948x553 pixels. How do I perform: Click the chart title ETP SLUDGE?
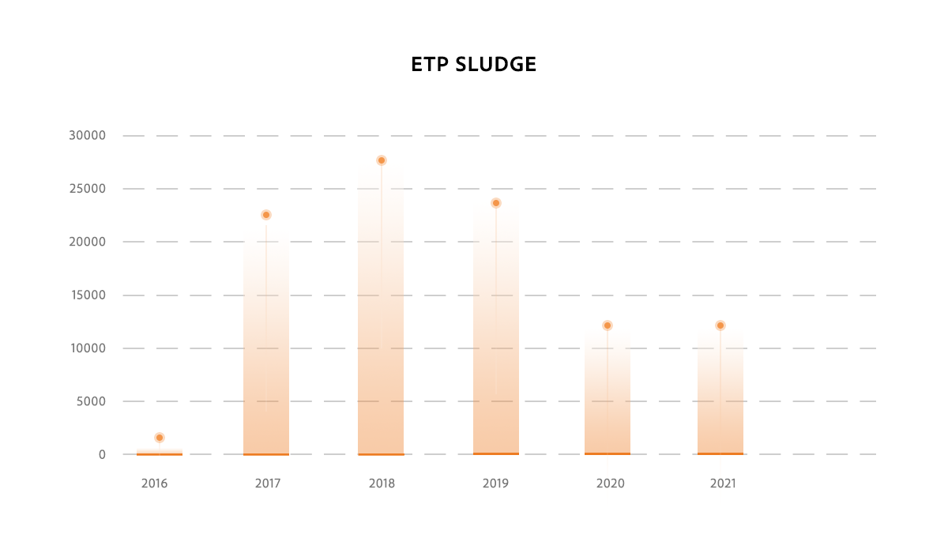tap(473, 65)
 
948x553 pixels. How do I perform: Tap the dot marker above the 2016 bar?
tap(160, 438)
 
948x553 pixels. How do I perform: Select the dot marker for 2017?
tap(266, 215)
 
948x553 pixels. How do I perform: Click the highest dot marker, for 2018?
tap(382, 160)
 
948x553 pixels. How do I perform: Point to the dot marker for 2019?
tap(496, 203)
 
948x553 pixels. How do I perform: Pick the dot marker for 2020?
tap(608, 325)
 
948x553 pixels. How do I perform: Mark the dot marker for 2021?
tap(720, 325)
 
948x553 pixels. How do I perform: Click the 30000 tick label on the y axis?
tap(87, 136)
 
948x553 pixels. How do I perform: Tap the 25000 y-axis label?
tap(87, 189)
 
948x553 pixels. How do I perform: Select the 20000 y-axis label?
tap(87, 242)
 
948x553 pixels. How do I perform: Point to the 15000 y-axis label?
tap(87, 295)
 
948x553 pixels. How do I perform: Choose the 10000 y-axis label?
tap(87, 348)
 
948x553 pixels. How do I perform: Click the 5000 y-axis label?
tap(90, 401)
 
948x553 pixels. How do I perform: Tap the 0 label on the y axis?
tap(102, 454)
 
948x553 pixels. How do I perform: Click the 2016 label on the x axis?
tap(155, 483)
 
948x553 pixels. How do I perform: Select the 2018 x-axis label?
tap(382, 483)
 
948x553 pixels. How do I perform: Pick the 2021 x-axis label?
tap(722, 483)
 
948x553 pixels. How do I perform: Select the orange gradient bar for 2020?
tap(608, 395)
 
